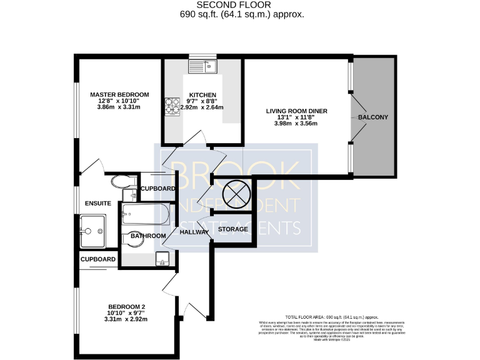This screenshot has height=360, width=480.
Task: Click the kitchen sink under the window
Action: pos(203,64)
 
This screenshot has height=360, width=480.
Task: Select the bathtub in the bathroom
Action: pos(146,215)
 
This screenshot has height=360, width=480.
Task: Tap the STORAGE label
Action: pos(233,229)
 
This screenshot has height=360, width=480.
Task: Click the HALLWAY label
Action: pos(194,232)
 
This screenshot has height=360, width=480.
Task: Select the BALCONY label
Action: pos(373,117)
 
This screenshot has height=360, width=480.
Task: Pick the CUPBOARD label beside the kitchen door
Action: pos(157,189)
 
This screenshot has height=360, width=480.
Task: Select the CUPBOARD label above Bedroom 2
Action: pos(98,259)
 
